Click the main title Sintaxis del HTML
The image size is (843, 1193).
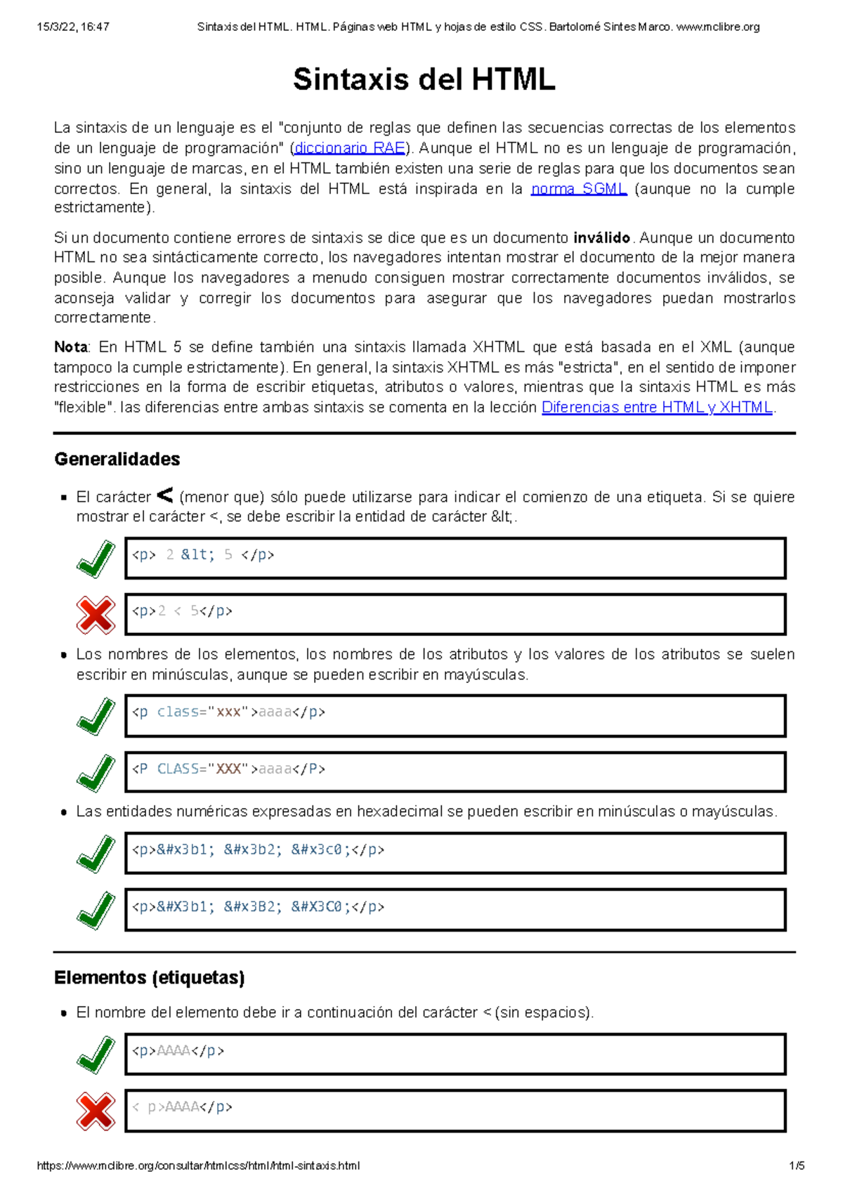(x=424, y=79)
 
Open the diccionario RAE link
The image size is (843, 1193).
(x=350, y=148)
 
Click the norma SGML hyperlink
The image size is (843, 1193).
(x=579, y=189)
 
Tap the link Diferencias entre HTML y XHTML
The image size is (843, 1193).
(x=657, y=408)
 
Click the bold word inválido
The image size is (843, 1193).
(x=601, y=237)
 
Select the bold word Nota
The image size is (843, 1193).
(x=70, y=347)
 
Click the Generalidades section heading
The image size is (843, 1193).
(x=117, y=459)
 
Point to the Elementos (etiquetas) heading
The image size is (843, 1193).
(x=149, y=978)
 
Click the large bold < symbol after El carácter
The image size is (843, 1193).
(x=164, y=496)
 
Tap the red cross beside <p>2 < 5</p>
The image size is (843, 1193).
(x=96, y=615)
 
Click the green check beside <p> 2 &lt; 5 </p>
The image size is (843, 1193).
(x=96, y=559)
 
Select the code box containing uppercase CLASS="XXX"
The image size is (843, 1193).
(x=455, y=772)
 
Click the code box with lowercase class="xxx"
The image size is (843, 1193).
(x=455, y=716)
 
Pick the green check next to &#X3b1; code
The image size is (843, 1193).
(x=96, y=911)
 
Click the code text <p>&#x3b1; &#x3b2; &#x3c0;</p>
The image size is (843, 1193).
(x=258, y=850)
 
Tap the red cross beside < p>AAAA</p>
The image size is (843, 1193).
(x=96, y=1111)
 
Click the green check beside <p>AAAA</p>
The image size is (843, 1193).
(x=96, y=1055)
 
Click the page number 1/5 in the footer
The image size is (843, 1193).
(x=797, y=1166)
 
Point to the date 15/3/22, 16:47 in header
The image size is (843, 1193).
(x=73, y=27)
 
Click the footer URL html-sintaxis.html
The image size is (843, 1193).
(x=198, y=1166)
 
